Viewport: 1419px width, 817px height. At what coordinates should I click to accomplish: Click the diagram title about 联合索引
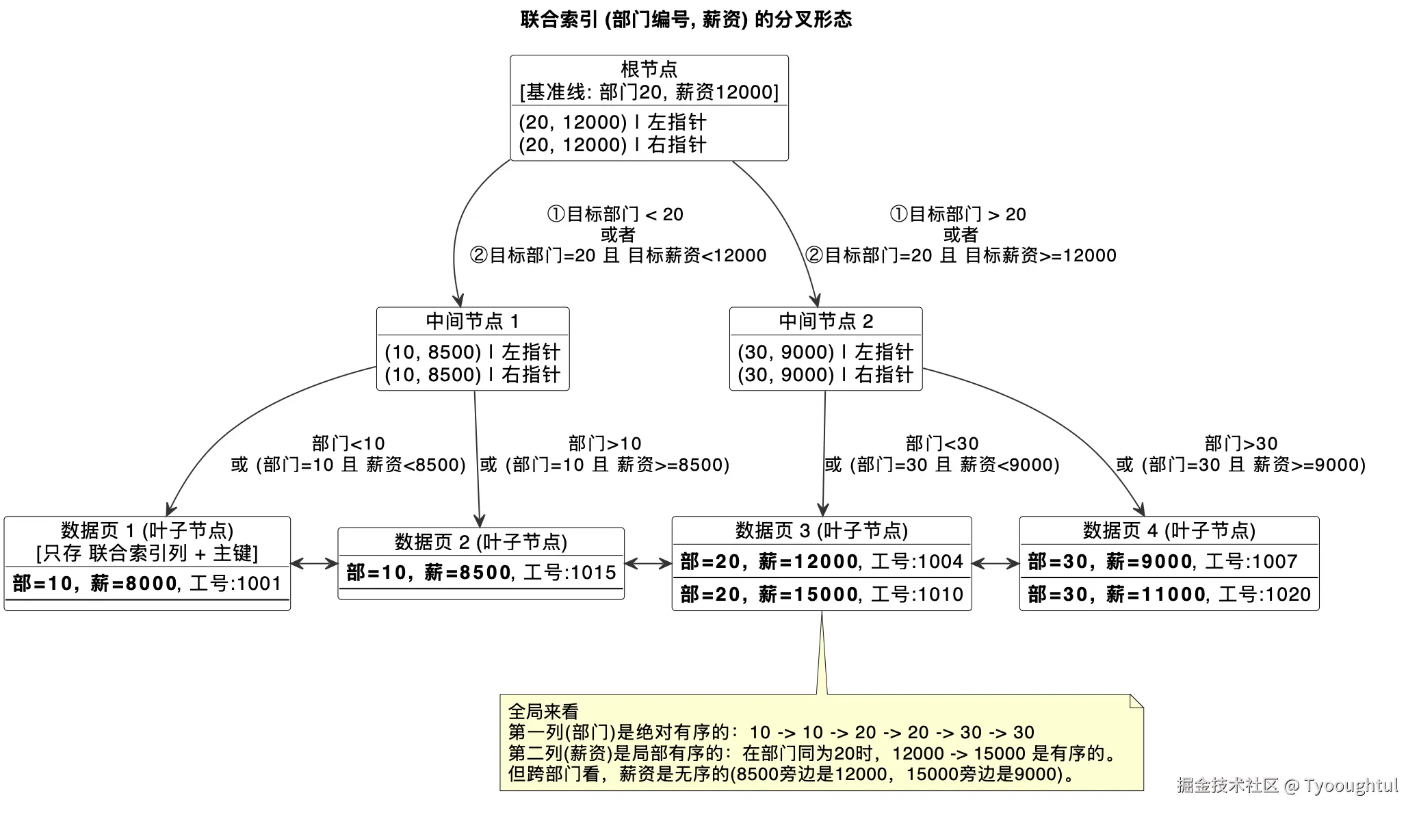point(686,20)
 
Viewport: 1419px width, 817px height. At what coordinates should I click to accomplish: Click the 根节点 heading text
point(649,69)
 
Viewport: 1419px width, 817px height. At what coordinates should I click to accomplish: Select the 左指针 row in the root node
point(612,122)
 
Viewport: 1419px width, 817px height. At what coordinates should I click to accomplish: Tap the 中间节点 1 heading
point(472,321)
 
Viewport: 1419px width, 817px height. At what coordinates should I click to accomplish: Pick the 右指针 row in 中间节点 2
point(825,375)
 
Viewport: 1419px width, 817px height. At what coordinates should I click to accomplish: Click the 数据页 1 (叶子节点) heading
point(147,530)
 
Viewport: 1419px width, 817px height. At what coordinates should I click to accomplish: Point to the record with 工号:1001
point(147,584)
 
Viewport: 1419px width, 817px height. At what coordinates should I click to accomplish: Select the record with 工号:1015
point(481,573)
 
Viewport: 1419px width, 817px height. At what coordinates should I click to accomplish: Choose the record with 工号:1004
point(821,562)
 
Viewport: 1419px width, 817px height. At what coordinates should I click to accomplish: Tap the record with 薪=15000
point(821,595)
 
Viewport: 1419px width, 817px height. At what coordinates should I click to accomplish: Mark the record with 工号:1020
point(1169,595)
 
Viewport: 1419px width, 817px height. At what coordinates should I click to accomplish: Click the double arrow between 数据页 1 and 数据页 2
point(314,564)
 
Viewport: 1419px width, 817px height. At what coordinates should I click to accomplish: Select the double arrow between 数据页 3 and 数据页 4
point(995,564)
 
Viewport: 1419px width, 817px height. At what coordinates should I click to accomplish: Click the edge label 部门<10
point(348,443)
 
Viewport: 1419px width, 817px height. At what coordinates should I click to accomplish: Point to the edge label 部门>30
point(1240,443)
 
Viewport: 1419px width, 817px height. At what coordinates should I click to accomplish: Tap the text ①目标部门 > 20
point(957,214)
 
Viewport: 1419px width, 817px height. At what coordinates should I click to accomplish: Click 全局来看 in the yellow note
point(543,712)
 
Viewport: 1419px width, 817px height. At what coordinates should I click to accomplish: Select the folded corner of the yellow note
point(1136,701)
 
